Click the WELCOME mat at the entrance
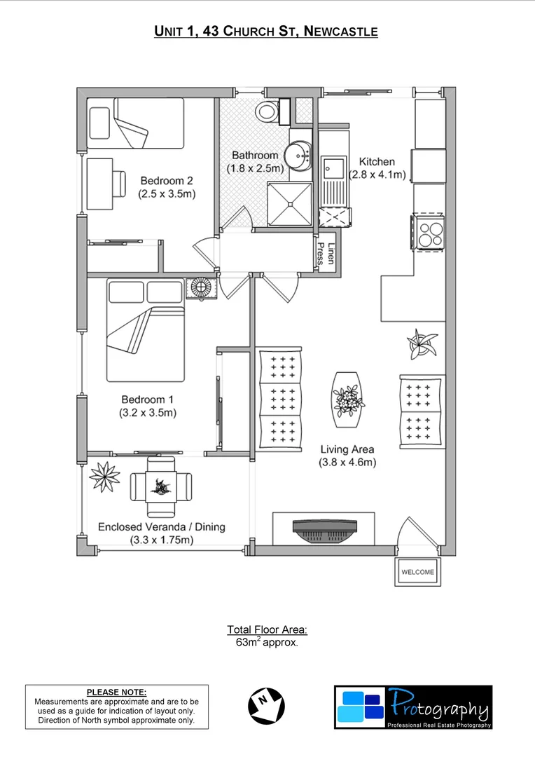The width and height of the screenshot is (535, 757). point(417,571)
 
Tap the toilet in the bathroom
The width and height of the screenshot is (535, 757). point(267,111)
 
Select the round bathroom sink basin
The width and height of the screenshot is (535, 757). point(303,156)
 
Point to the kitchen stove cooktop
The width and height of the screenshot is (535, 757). point(428,232)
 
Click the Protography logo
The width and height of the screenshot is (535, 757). point(413,707)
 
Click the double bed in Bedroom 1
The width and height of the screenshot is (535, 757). point(145,329)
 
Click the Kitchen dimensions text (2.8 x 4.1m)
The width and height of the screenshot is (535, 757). point(378,175)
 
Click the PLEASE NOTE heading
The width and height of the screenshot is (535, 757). point(117,692)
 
